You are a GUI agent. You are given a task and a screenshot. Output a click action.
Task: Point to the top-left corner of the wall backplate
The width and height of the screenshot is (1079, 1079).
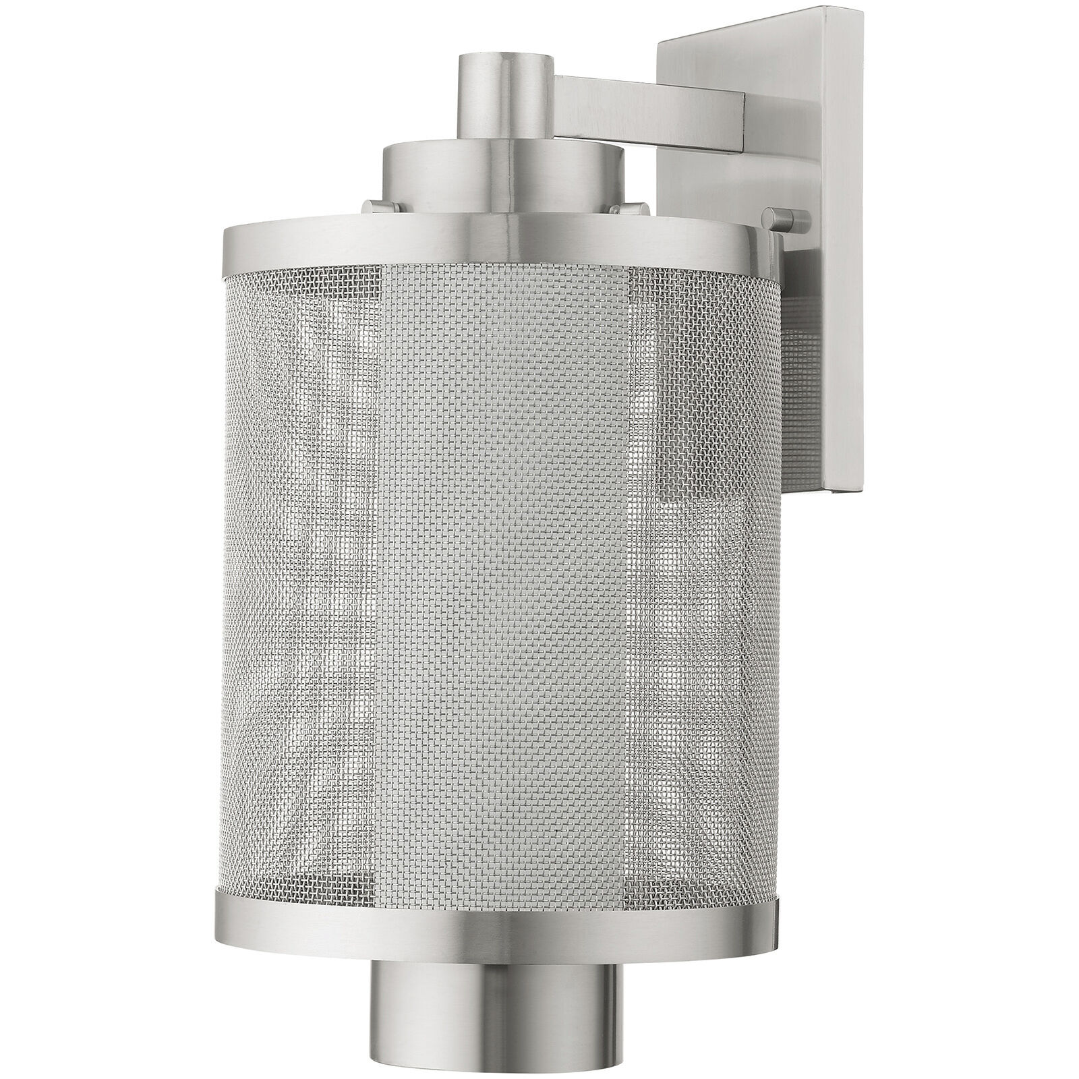click(x=661, y=42)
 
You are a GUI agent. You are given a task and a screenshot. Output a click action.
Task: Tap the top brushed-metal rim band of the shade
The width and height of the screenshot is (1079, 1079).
click(x=499, y=246)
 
